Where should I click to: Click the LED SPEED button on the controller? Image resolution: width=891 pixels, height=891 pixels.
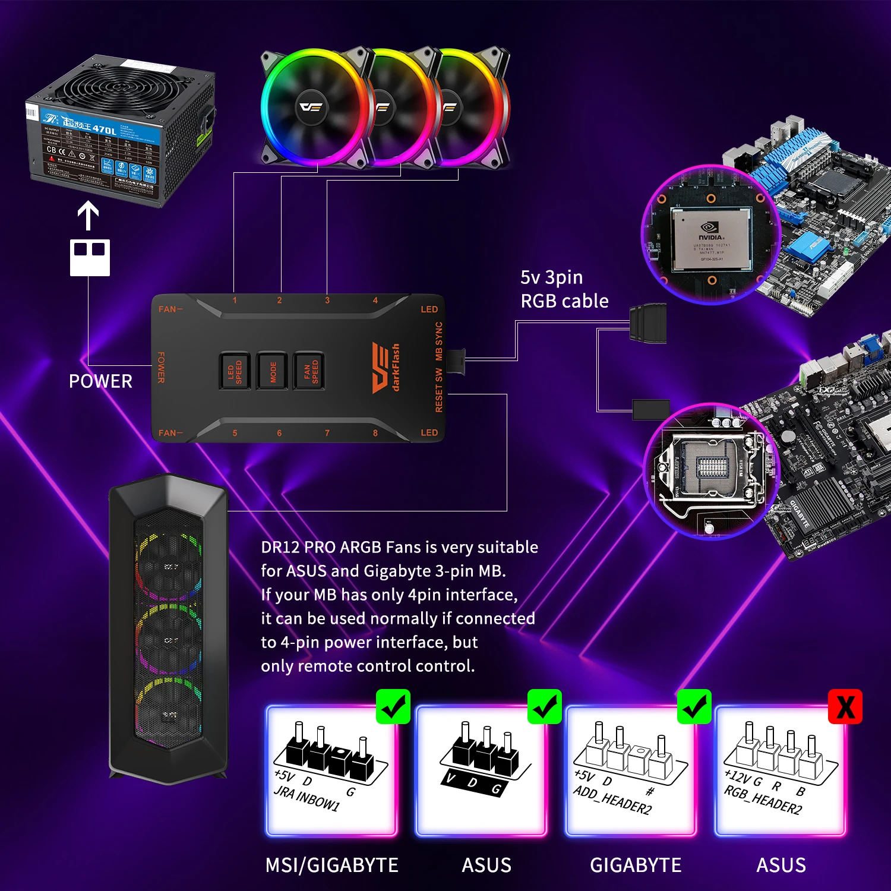(x=235, y=371)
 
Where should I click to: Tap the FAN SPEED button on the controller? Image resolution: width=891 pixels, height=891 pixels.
(x=309, y=371)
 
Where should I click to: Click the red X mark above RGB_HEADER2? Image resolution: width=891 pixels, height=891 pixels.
(x=845, y=707)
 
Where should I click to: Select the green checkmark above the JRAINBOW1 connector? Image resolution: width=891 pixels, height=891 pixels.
(x=393, y=707)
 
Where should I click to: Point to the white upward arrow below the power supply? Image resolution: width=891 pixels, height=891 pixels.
(x=89, y=216)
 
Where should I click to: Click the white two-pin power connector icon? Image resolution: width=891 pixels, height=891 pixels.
(x=90, y=257)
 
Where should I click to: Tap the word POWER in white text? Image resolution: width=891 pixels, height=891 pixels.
(x=100, y=381)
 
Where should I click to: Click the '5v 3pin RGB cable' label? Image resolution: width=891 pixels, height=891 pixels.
(x=564, y=289)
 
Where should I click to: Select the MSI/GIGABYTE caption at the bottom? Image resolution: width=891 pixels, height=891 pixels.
(x=331, y=865)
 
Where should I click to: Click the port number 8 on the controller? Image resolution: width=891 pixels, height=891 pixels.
(x=375, y=433)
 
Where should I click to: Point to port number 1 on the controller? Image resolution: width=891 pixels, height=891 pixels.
(x=235, y=301)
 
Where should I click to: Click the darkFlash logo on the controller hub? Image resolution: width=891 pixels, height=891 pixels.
(x=386, y=368)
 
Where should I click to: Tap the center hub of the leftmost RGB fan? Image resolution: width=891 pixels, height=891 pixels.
(x=311, y=108)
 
